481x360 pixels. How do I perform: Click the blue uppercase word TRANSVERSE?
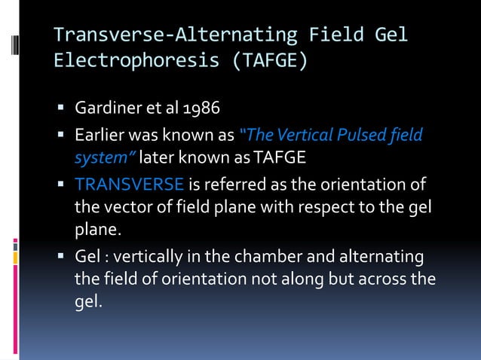tap(129, 184)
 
